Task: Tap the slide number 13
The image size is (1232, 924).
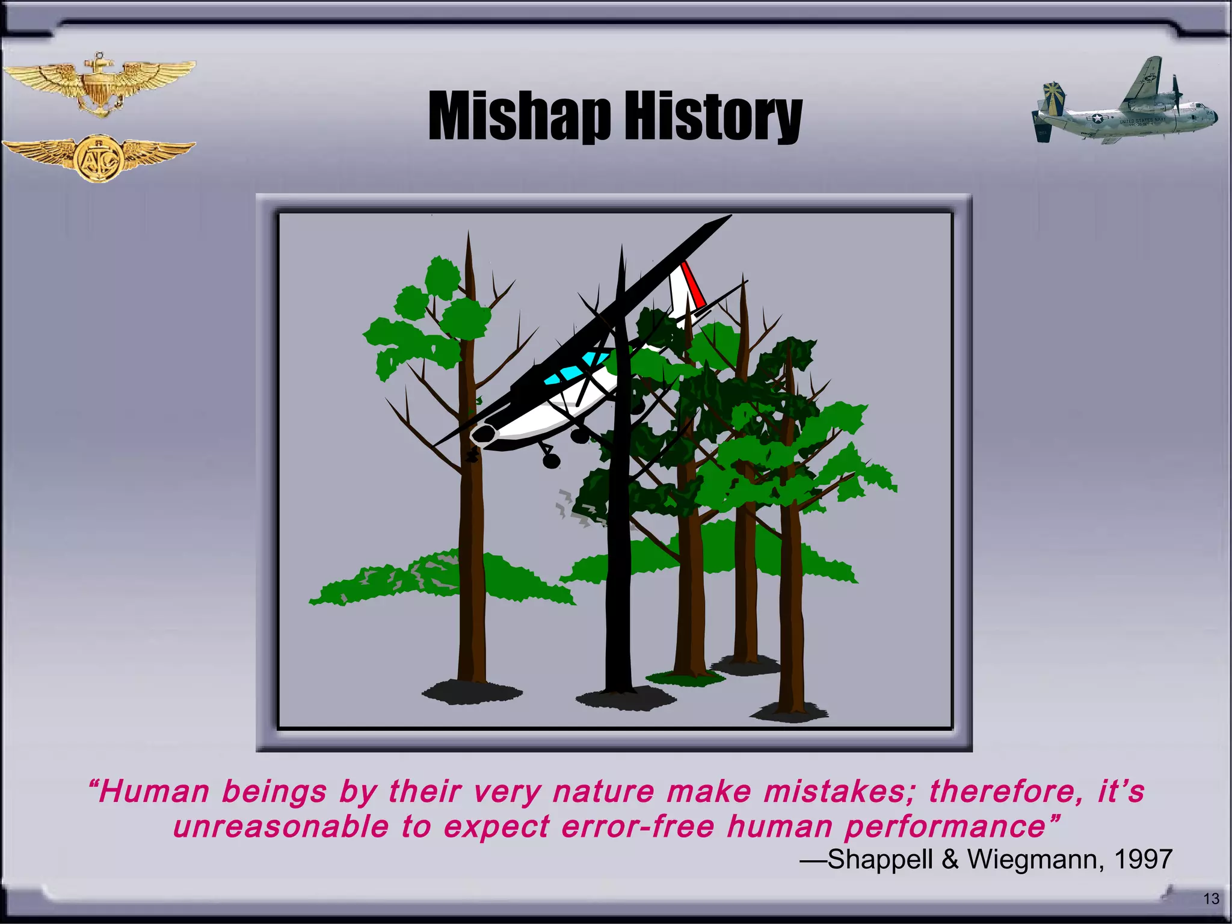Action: click(1211, 899)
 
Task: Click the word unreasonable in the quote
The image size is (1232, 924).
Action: click(281, 827)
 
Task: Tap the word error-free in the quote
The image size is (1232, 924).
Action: click(638, 827)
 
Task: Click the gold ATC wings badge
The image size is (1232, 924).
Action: click(99, 158)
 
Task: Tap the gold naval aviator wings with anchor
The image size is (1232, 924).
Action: click(99, 84)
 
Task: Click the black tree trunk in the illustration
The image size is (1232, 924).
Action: click(618, 541)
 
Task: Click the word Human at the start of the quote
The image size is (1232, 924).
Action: click(154, 791)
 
